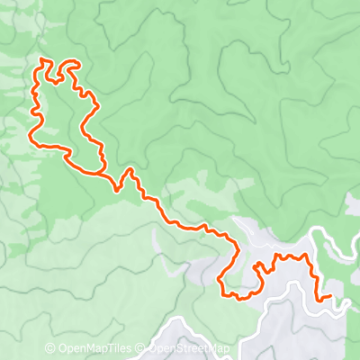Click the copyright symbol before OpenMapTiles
(x=50, y=348)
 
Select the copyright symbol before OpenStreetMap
(x=142, y=348)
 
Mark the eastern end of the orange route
(x=331, y=295)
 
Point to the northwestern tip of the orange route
(x=41, y=59)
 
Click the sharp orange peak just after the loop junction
(x=129, y=168)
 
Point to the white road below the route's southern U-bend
(x=270, y=310)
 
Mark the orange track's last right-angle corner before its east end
(x=318, y=298)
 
